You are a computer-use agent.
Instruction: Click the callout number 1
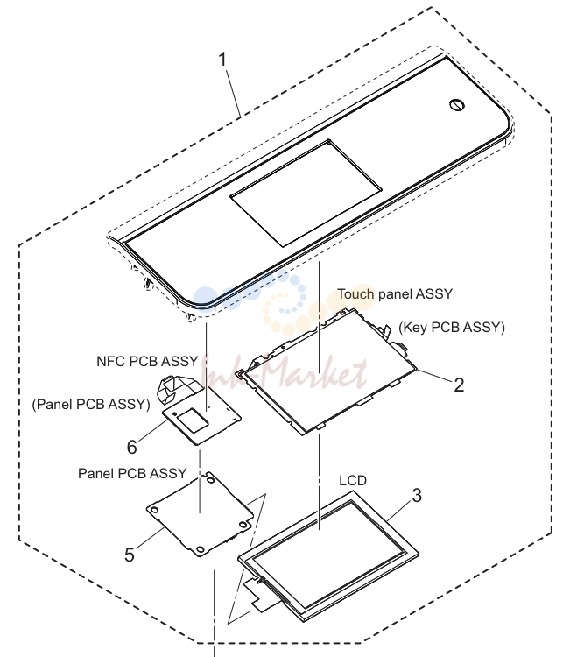222,59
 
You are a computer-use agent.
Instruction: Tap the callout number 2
459,385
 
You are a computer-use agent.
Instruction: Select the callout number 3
417,496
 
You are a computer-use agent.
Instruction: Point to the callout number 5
130,555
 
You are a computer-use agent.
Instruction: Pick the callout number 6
132,447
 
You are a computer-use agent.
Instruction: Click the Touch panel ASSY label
395,294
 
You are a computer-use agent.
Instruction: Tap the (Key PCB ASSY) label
452,328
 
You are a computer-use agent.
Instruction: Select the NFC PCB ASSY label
147,361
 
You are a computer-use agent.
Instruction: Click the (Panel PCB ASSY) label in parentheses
91,405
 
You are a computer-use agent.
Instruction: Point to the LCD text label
353,481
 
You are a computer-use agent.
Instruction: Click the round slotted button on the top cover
457,105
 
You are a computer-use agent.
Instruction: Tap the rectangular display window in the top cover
306,193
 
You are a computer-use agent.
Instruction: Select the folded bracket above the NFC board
172,388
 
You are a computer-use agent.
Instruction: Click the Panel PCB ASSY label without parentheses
132,473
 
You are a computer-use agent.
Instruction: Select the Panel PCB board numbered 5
200,514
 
